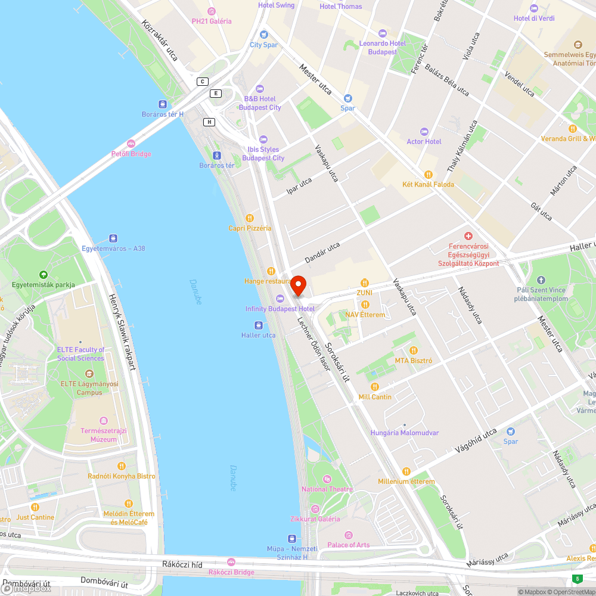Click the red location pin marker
pos(297,285)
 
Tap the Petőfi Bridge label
pos(131,154)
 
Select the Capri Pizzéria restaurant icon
pos(250,218)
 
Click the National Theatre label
pos(327,489)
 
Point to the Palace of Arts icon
pos(349,535)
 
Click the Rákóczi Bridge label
pos(231,572)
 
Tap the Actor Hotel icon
pos(424,131)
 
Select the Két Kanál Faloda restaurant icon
pos(428,174)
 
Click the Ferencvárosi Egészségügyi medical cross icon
pos(468,237)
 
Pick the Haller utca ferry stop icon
pos(259,325)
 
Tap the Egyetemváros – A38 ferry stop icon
pos(113,238)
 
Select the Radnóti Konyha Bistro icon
pos(122,466)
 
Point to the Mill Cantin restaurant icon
pos(375,387)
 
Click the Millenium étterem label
pos(406,481)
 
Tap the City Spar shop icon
pos(263,35)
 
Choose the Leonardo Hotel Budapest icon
pos(383,33)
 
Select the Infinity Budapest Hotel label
pos(280,309)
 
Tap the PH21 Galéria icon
pos(211,11)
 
